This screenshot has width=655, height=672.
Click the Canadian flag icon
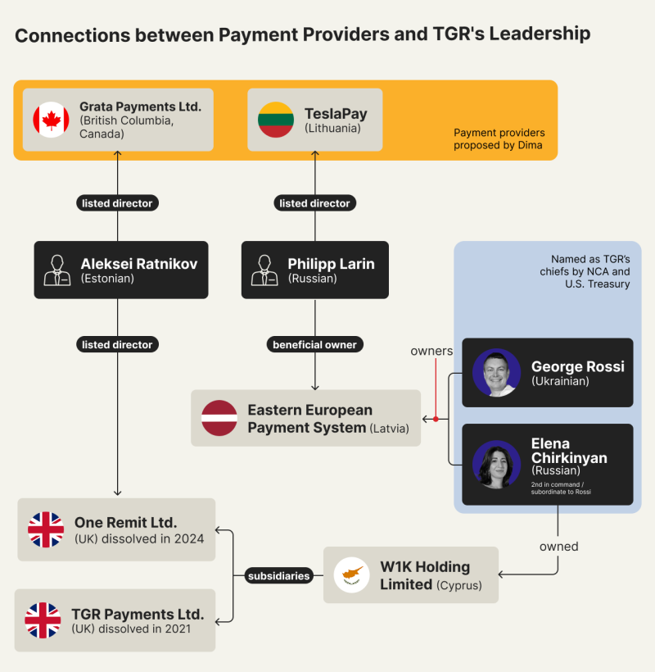[x=51, y=120]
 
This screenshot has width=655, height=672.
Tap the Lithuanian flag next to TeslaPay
[x=276, y=120]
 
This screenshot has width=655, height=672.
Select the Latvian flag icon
[x=219, y=418]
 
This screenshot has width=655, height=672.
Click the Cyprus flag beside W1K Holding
[x=351, y=574]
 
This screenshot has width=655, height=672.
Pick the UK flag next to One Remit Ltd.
[x=46, y=529]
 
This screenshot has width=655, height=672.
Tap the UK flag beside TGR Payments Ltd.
[x=43, y=620]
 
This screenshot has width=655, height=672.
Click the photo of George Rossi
[x=496, y=372]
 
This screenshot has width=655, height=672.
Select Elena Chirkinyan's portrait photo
[x=496, y=465]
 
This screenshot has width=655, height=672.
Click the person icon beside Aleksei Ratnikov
[x=57, y=270]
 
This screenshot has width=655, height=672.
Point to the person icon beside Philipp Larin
[x=264, y=270]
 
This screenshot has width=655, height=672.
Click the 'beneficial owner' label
[x=314, y=344]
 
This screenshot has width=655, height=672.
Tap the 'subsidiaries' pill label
[x=278, y=575]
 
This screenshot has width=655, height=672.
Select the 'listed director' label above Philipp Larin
[x=314, y=203]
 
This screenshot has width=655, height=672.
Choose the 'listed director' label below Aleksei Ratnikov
[x=117, y=344]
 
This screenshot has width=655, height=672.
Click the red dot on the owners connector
[x=436, y=419]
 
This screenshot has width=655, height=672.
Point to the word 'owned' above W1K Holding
[x=558, y=547]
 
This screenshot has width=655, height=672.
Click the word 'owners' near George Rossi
[x=431, y=351]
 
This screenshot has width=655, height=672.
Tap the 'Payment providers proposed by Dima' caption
[x=499, y=138]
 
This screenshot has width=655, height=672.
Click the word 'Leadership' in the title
[x=540, y=34]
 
